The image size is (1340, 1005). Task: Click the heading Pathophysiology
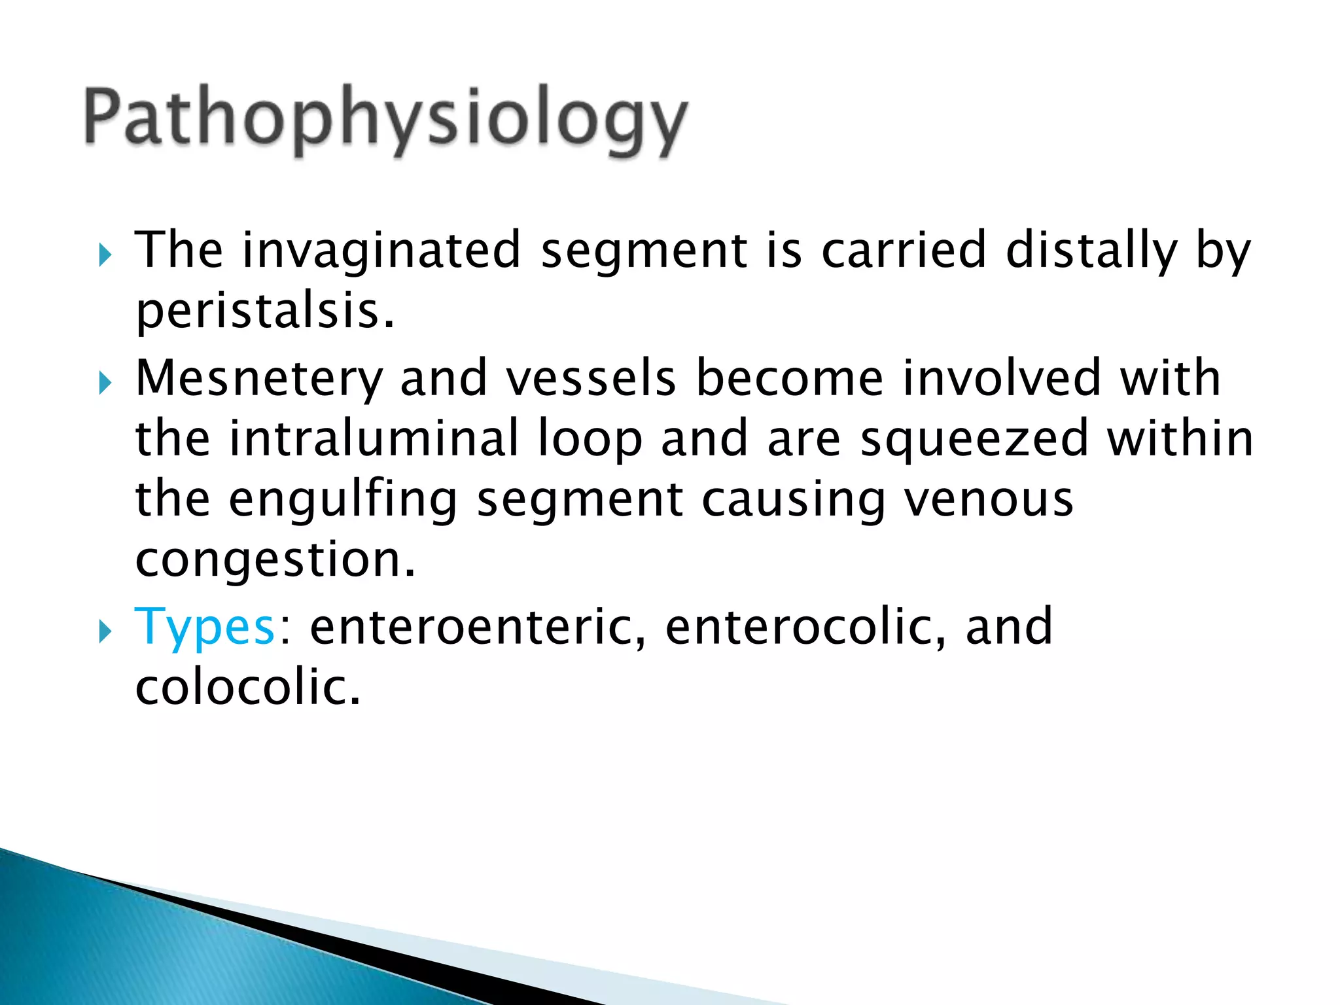point(386,121)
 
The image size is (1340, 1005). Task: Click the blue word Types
point(204,626)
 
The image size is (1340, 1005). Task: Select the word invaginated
point(381,251)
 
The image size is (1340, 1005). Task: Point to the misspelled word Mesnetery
point(259,379)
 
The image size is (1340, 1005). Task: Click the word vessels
point(591,379)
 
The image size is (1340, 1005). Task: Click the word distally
point(1091,251)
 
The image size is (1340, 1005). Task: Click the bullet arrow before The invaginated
point(105,254)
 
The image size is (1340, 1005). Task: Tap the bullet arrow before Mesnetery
point(105,382)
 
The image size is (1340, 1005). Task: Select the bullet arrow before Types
point(105,631)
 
